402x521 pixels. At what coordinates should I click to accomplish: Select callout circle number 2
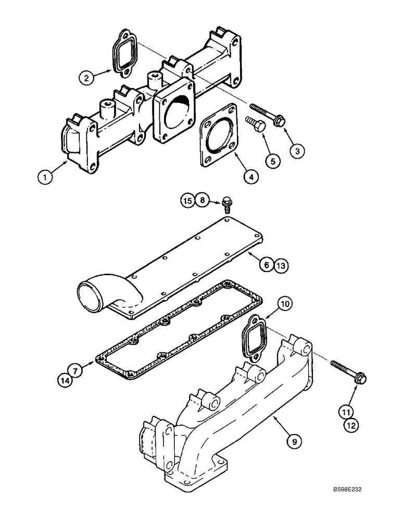(86, 78)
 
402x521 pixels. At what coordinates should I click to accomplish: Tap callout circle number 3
(297, 151)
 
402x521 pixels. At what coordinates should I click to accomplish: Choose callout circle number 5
(271, 161)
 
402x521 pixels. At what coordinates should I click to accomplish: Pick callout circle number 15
(188, 200)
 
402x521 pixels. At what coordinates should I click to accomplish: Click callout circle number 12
(350, 425)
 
